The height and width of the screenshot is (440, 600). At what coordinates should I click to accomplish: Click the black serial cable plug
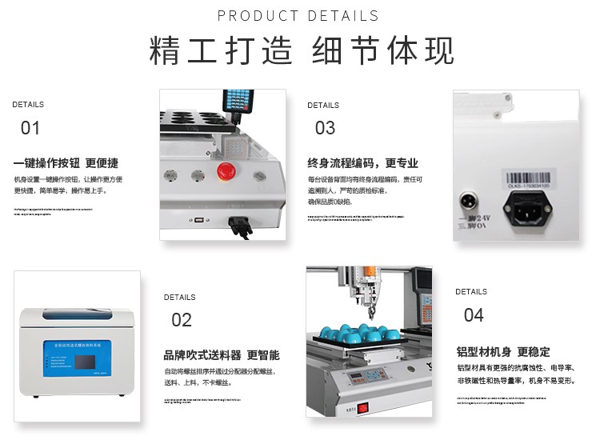(239, 226)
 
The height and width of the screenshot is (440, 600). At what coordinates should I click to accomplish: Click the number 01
(30, 128)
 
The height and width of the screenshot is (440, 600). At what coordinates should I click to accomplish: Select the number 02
(182, 320)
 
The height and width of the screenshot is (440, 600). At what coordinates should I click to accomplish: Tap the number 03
(325, 128)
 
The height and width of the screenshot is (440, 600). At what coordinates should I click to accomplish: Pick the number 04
(474, 315)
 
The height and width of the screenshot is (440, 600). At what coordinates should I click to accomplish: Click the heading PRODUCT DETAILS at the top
(298, 16)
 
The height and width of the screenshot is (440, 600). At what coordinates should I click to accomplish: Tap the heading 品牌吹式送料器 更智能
(222, 355)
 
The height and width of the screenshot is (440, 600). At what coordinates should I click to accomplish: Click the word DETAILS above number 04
(471, 292)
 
